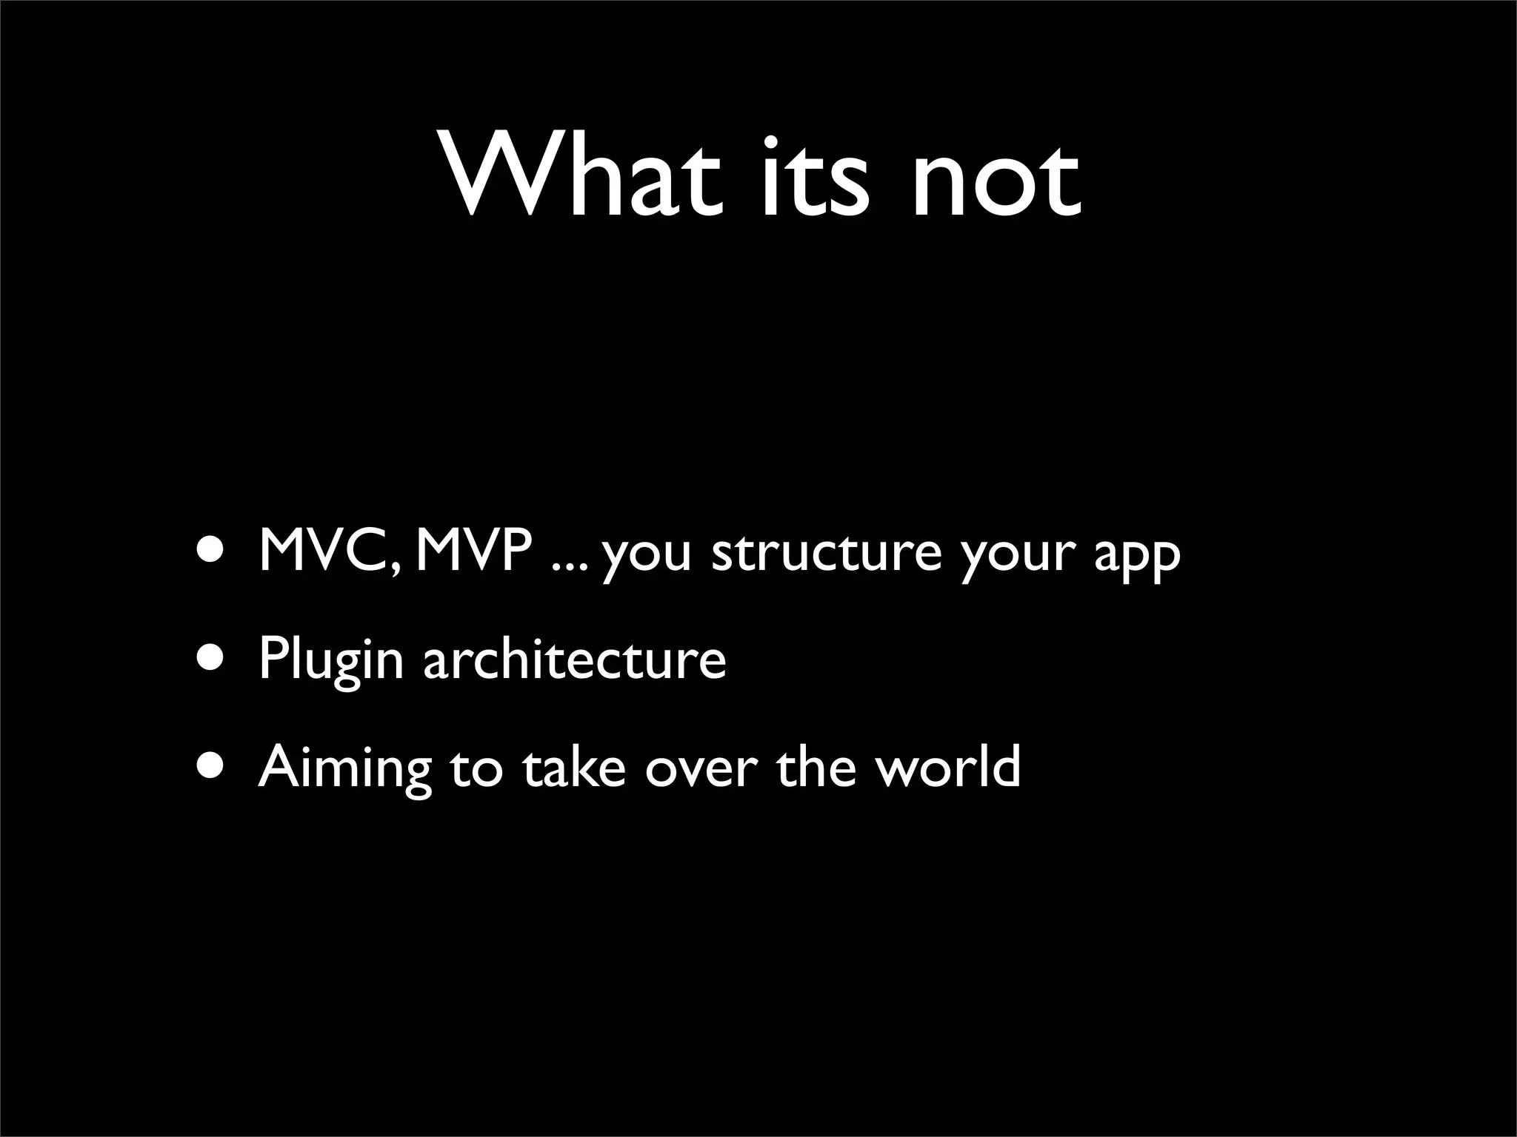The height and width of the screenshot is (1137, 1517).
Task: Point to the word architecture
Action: tap(575, 658)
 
